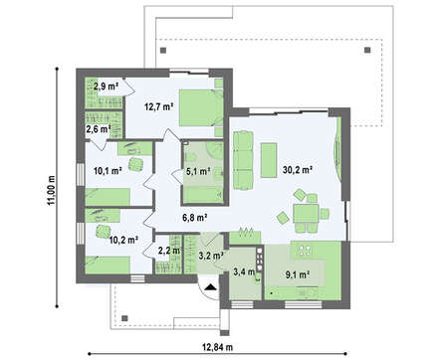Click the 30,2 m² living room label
pyautogui.click(x=298, y=170)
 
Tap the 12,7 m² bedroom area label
pyautogui.click(x=159, y=106)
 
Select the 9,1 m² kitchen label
pyautogui.click(x=298, y=274)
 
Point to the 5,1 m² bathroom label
pyautogui.click(x=198, y=171)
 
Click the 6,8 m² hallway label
pyautogui.click(x=195, y=218)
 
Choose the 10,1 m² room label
pyautogui.click(x=108, y=171)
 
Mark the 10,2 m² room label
pyautogui.click(x=123, y=240)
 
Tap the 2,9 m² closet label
pyautogui.click(x=107, y=87)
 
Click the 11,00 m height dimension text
pyautogui.click(x=51, y=190)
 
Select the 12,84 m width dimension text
pyautogui.click(x=218, y=347)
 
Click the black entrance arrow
pyautogui.click(x=210, y=287)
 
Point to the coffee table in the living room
pyautogui.click(x=269, y=160)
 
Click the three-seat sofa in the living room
pyautogui.click(x=243, y=160)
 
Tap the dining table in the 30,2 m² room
pyautogui.click(x=306, y=213)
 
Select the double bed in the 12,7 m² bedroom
pyautogui.click(x=201, y=107)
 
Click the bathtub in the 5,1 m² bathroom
pyautogui.click(x=203, y=195)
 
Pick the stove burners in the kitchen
pyautogui.click(x=259, y=257)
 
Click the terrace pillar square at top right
pyautogui.click(x=367, y=51)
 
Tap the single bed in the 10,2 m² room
pyautogui.click(x=108, y=265)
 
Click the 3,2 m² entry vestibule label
pyautogui.click(x=211, y=256)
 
